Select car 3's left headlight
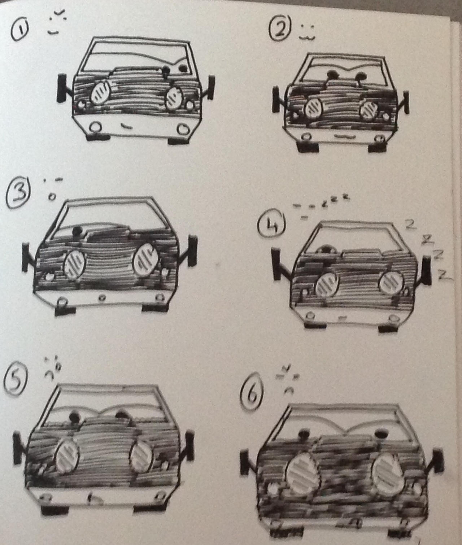75,264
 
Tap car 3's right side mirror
192,250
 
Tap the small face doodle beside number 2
307,32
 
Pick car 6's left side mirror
245,462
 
